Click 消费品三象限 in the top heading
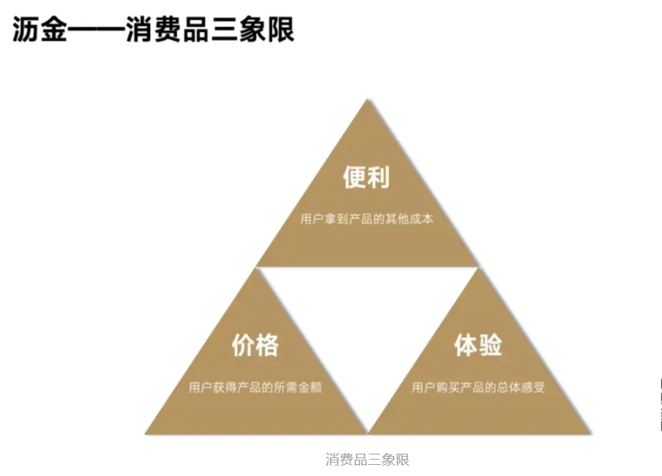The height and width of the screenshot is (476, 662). click(x=210, y=30)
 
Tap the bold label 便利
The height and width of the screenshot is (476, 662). click(x=366, y=178)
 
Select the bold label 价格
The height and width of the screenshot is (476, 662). click(x=255, y=345)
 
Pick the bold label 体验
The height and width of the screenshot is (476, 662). click(x=478, y=345)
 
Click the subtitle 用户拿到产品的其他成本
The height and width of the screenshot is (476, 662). click(x=366, y=219)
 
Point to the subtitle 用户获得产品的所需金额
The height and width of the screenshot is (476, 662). click(x=255, y=387)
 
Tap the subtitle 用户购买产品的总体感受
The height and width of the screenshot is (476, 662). click(x=478, y=387)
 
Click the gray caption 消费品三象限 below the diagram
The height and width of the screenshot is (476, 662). click(x=367, y=459)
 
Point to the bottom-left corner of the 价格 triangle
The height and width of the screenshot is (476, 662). click(x=146, y=433)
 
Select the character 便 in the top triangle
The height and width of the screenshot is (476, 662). click(x=354, y=178)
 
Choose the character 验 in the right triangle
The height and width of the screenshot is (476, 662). click(x=490, y=345)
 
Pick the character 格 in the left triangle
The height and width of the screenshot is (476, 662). click(x=267, y=345)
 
